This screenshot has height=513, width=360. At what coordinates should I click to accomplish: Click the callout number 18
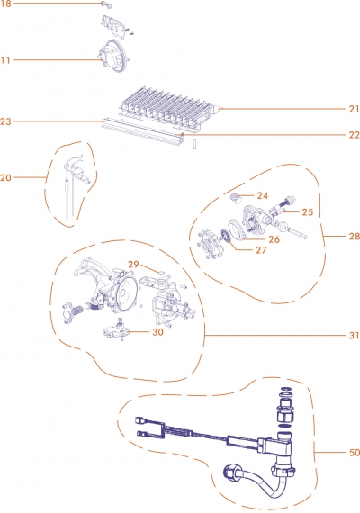point(6,4)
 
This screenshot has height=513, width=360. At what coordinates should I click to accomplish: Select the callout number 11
point(5,60)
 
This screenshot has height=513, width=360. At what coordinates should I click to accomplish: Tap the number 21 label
point(354,109)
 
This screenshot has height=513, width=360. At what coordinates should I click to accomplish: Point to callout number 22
point(354,135)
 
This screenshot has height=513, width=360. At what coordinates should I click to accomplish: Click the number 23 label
point(5,121)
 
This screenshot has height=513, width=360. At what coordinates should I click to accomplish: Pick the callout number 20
point(5,177)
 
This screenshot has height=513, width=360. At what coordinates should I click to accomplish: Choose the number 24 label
point(263,195)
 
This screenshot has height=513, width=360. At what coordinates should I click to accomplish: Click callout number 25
point(308,212)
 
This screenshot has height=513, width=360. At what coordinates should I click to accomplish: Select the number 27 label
point(261,250)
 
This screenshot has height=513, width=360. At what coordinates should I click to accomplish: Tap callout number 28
point(355,236)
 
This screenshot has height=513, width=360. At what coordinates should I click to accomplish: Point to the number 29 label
point(133,265)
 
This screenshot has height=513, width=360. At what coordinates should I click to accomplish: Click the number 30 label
point(157,332)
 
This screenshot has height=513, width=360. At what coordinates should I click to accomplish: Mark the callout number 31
point(355,336)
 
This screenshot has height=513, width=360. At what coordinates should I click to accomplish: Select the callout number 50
point(355,453)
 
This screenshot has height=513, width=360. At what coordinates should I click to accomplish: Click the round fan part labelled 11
point(114,57)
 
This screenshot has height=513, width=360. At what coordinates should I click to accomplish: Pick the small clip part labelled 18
point(105,4)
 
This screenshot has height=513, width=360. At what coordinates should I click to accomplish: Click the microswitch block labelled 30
point(117,329)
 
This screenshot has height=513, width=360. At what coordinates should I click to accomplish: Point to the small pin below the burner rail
point(195,144)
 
